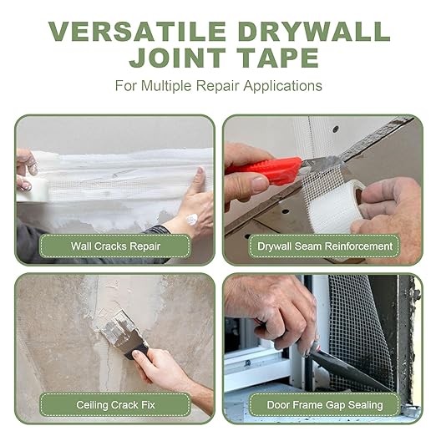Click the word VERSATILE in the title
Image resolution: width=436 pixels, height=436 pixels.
click(x=137, y=31)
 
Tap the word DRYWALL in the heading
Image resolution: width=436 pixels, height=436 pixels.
click(x=314, y=31)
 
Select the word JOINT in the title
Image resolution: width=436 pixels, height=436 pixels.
click(x=177, y=58)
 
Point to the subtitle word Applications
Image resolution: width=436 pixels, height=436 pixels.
click(x=283, y=86)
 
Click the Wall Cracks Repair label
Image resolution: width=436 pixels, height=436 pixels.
click(x=115, y=246)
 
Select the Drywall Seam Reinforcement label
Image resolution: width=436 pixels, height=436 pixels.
click(x=325, y=246)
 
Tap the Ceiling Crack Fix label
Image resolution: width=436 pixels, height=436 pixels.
click(x=115, y=405)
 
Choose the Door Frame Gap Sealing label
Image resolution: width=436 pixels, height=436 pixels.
click(x=325, y=405)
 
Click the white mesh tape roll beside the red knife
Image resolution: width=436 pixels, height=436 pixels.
click(x=334, y=206)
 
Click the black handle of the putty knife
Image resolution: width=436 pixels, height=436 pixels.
click(x=137, y=352)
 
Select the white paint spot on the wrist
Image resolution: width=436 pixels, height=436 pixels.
click(x=191, y=220)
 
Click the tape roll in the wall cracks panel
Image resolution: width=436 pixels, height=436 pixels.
click(x=33, y=190)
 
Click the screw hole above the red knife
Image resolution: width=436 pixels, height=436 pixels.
click(x=336, y=129)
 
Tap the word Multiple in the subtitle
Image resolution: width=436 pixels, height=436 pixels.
click(x=167, y=86)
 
